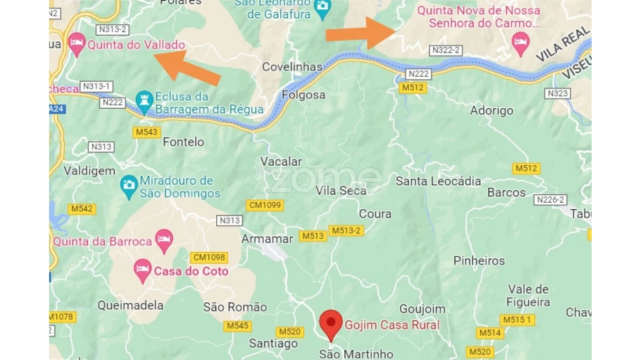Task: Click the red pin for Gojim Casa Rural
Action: pyautogui.click(x=330, y=324)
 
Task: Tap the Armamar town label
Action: pyautogui.click(x=267, y=238)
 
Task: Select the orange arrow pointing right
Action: pyautogui.click(x=360, y=33)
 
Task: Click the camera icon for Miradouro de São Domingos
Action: pyautogui.click(x=129, y=186)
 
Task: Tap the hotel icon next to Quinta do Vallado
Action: pyautogui.click(x=77, y=44)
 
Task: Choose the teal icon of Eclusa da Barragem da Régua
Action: pyautogui.click(x=145, y=102)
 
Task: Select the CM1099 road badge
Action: pyautogui.click(x=265, y=205)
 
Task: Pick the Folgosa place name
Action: pyautogui.click(x=304, y=95)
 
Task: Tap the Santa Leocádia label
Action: pyautogui.click(x=438, y=181)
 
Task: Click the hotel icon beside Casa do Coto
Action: pyautogui.click(x=142, y=270)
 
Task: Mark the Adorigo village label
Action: pyautogui.click(x=491, y=111)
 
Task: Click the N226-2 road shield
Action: pyautogui.click(x=550, y=200)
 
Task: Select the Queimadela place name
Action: pyautogui.click(x=130, y=305)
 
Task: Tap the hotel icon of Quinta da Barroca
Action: pyautogui.click(x=164, y=240)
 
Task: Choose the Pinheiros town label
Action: pyautogui.click(x=479, y=260)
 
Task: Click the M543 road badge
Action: pyautogui.click(x=146, y=132)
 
